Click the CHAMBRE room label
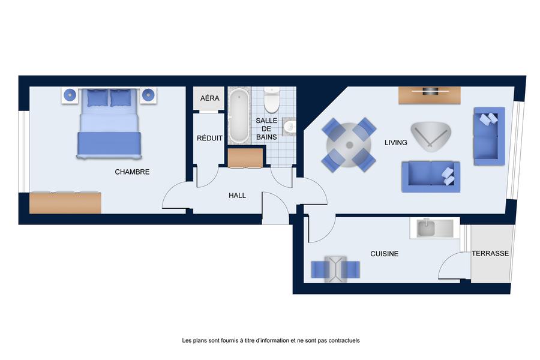(x=132, y=172)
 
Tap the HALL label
(x=237, y=196)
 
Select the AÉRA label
(x=210, y=98)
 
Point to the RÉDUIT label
(x=209, y=138)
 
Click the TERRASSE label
(x=490, y=254)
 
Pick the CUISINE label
(x=385, y=254)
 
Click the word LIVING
(x=396, y=142)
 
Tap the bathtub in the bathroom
(x=239, y=116)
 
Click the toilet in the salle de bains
(x=272, y=100)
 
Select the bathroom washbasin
(x=289, y=127)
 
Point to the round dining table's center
(x=349, y=145)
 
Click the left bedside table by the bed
(x=70, y=95)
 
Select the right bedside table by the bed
(x=148, y=95)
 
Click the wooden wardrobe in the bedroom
(x=65, y=203)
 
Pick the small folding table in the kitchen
(x=335, y=269)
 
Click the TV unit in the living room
(x=430, y=95)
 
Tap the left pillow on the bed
(x=97, y=98)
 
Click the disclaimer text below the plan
(x=271, y=340)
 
